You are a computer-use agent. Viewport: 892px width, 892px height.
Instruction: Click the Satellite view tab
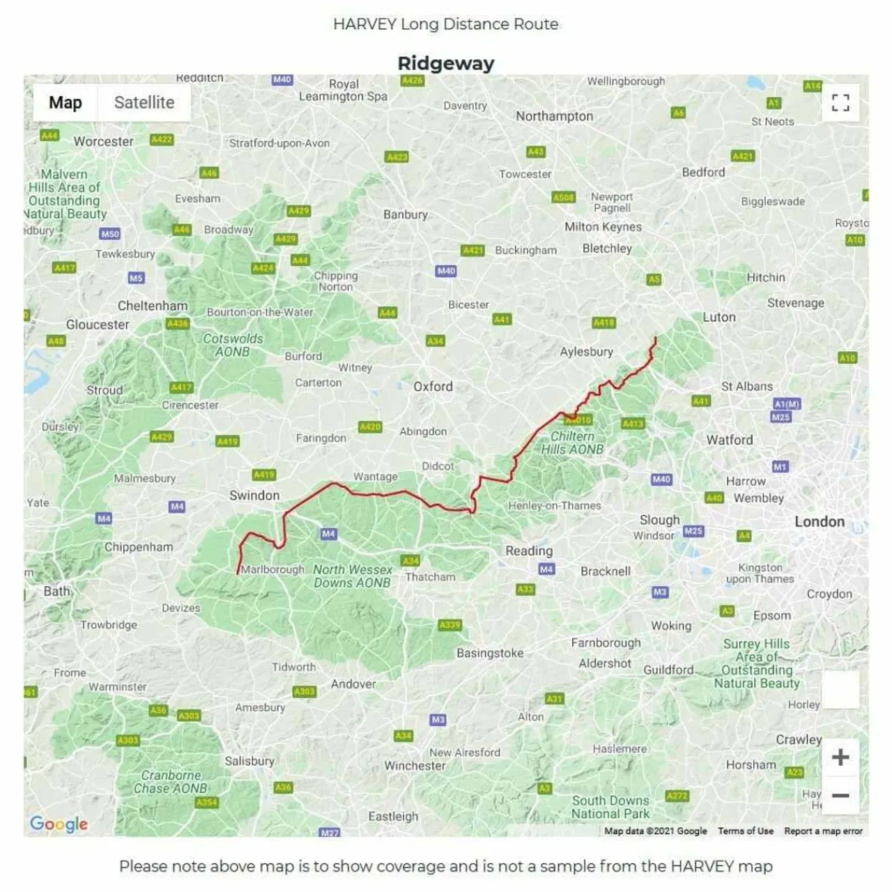coord(144,102)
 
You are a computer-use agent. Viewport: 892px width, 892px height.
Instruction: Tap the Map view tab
coord(66,102)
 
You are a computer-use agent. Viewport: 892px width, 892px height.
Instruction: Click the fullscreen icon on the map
coord(840,103)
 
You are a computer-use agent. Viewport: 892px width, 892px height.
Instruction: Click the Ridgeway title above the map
coord(445,63)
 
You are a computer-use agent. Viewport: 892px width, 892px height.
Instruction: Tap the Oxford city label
coord(433,386)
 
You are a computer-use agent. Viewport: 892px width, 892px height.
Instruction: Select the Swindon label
coord(254,495)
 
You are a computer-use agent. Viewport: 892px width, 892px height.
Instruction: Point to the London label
coord(820,522)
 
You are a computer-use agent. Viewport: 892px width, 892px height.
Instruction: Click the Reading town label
coord(529,551)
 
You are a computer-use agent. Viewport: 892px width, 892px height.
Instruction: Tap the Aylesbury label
coord(586,352)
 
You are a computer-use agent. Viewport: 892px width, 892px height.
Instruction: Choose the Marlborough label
coord(272,569)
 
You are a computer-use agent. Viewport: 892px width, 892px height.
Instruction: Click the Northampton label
coord(554,116)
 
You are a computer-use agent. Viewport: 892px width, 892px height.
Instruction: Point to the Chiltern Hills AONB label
coord(572,443)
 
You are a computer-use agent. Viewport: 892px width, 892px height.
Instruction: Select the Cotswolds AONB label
coord(233,345)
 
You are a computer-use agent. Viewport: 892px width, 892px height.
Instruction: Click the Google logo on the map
coord(59,824)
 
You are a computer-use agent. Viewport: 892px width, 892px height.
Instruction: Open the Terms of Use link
coord(745,831)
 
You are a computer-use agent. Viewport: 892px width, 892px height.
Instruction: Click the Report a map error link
coord(823,831)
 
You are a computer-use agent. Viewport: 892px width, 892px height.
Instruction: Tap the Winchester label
coord(415,765)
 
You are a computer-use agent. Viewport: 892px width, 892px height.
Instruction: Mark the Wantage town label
coord(375,477)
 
